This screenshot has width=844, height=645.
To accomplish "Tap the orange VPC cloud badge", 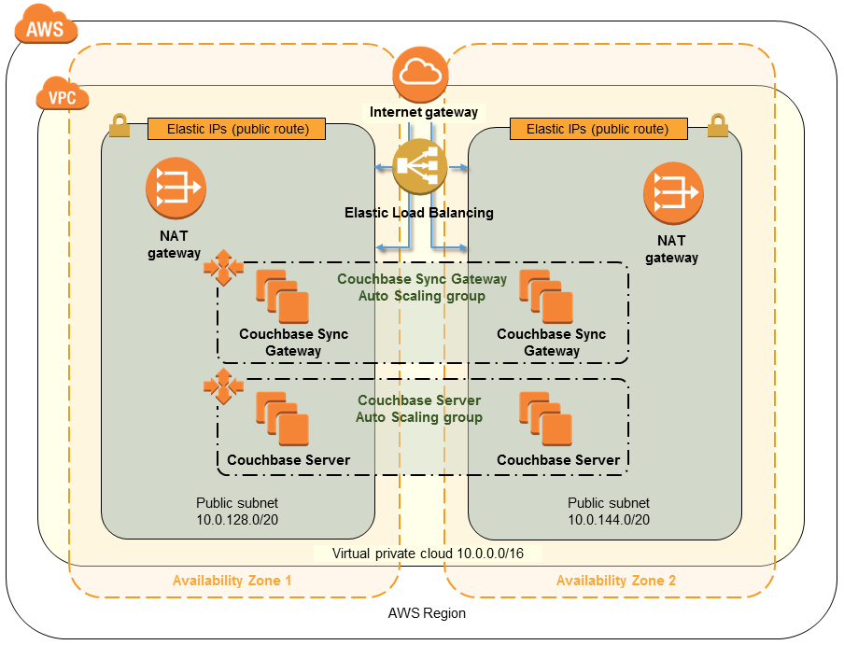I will [x=62, y=96].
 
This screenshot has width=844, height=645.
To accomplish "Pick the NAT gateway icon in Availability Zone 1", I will [x=176, y=189].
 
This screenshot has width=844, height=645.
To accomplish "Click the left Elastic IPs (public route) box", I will [x=237, y=129].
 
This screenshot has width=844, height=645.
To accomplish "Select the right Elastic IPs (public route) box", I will [x=598, y=129].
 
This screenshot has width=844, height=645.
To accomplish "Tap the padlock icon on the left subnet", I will [x=120, y=125].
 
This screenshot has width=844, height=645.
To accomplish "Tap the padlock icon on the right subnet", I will [x=717, y=125].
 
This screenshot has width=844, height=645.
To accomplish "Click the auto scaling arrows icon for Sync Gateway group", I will [x=223, y=268].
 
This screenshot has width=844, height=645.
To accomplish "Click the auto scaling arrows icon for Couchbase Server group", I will [x=223, y=386].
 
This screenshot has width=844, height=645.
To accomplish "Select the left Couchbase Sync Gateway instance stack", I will [x=282, y=296].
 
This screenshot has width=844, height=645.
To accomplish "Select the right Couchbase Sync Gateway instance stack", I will [x=546, y=296].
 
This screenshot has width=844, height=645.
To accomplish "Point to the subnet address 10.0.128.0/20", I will [x=237, y=519].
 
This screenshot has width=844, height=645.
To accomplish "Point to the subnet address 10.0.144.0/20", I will [x=609, y=519].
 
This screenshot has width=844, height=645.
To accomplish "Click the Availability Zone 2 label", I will [x=616, y=581].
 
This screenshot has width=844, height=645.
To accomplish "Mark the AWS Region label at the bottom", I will [x=427, y=613].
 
